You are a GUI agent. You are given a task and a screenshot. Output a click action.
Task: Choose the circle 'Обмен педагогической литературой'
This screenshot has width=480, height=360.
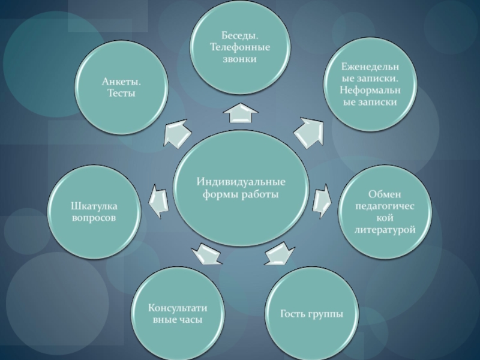point(385,213)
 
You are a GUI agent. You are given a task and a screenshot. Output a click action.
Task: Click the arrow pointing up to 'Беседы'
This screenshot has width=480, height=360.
point(240,113)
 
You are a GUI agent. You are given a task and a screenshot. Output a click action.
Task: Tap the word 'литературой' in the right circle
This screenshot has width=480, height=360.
point(385,230)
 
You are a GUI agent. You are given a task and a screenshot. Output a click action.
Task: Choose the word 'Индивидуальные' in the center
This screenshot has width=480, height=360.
point(241,182)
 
